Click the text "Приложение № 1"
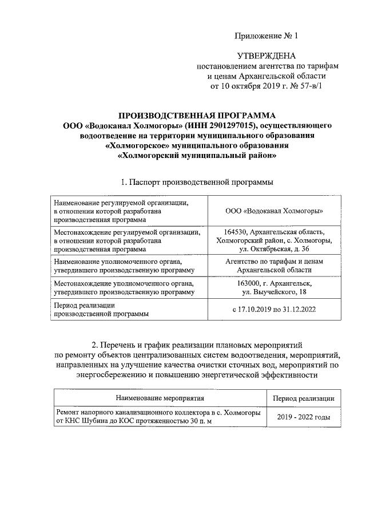tap(266, 36)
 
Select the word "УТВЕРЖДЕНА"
tap(266, 56)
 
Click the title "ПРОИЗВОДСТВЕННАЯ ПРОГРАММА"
tap(197, 115)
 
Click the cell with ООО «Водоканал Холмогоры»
tap(266, 211)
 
